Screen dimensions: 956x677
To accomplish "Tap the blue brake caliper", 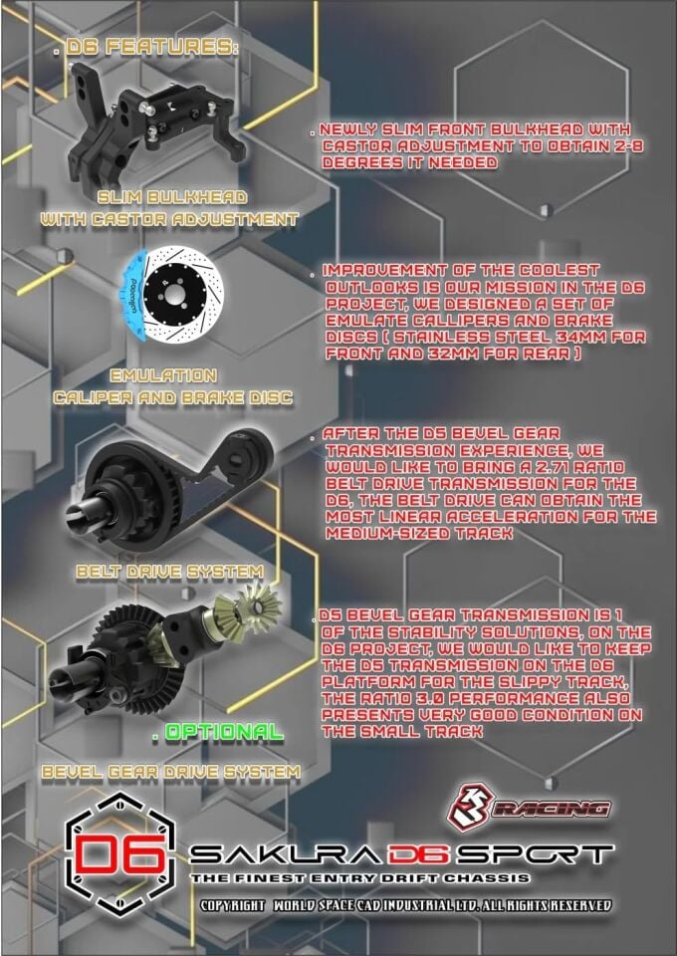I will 139,293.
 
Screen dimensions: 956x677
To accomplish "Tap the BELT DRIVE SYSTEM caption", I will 168,573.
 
